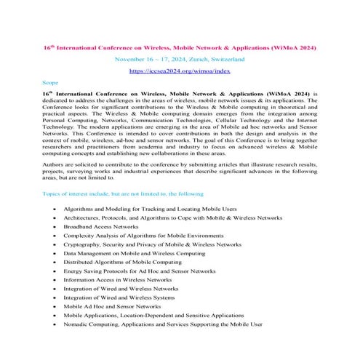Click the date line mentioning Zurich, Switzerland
tap(179, 58)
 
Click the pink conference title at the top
tap(179, 46)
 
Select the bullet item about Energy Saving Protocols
tap(139, 271)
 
